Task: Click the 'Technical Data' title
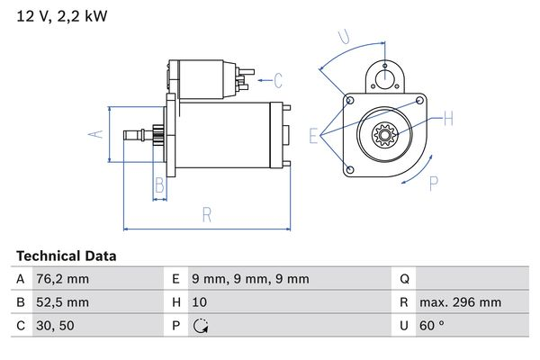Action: point(66,256)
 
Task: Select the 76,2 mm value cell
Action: point(63,279)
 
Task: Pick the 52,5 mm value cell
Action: point(63,302)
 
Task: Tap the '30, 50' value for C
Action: point(57,326)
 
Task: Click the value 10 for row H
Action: point(201,302)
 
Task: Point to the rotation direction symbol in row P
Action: point(201,326)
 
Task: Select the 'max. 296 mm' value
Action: point(462,302)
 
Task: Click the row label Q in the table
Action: point(404,279)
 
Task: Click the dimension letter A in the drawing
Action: point(99,134)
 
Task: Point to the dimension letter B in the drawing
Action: point(159,186)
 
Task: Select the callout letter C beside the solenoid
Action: point(278,80)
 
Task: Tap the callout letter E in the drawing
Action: point(314,136)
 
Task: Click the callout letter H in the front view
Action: point(447,119)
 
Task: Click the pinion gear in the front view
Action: point(385,137)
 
